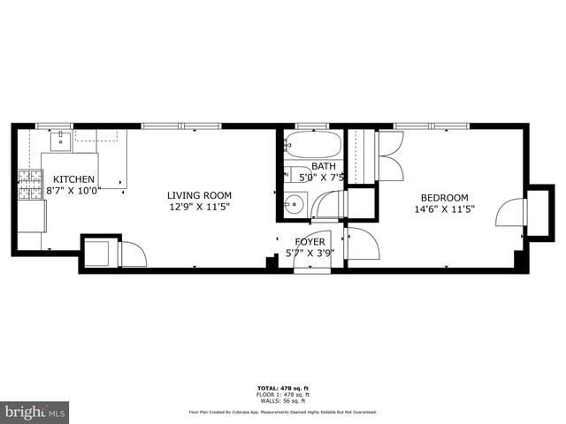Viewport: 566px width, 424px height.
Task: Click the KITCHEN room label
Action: (x=68, y=179)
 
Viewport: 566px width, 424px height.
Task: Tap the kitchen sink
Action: (x=61, y=139)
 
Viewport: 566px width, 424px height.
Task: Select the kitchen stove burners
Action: (x=30, y=187)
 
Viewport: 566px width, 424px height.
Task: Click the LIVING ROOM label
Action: (x=200, y=196)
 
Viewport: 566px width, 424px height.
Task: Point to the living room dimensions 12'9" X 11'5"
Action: (x=200, y=208)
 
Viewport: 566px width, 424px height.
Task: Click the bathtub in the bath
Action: (x=309, y=146)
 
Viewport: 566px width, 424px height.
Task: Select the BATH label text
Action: (x=323, y=166)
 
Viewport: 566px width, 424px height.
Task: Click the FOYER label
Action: (x=310, y=241)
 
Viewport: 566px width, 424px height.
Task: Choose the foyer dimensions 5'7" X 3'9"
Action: (x=310, y=253)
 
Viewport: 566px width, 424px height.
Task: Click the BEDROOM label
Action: (x=444, y=198)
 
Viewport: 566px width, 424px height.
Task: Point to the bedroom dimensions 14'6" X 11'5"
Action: (x=444, y=209)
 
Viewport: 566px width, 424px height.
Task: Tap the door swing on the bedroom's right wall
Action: (x=509, y=213)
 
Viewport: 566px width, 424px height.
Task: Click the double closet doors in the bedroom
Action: (x=390, y=155)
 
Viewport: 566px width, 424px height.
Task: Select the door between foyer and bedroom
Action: (x=362, y=244)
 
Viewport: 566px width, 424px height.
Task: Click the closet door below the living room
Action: (x=133, y=254)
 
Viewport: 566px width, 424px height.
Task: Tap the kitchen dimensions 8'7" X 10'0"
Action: (x=73, y=190)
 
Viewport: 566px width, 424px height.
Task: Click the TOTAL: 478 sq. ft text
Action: (x=282, y=389)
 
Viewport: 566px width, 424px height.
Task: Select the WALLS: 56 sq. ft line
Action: (x=282, y=400)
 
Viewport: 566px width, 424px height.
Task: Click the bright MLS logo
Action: (x=34, y=412)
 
